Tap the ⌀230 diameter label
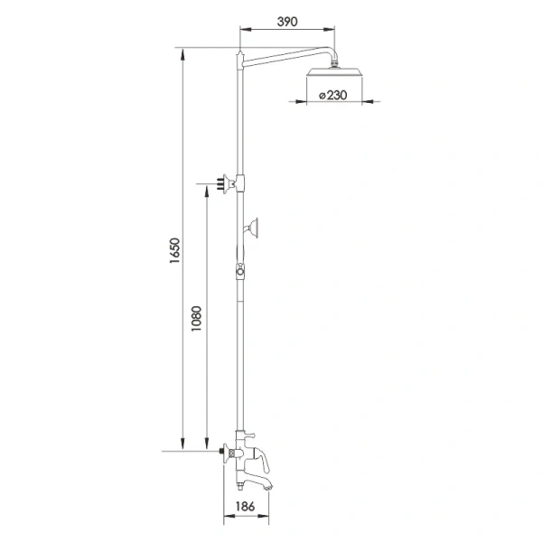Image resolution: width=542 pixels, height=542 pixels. pos(332,94)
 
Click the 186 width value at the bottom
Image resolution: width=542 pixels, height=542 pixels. pos(246,508)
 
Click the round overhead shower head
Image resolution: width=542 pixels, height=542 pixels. pos(335,74)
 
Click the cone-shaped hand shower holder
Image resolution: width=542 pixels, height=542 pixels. pos(255,227)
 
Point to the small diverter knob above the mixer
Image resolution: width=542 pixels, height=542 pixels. pos(242,436)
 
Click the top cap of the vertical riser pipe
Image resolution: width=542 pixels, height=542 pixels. pos(240,56)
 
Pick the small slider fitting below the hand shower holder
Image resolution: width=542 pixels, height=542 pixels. pos(241,270)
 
